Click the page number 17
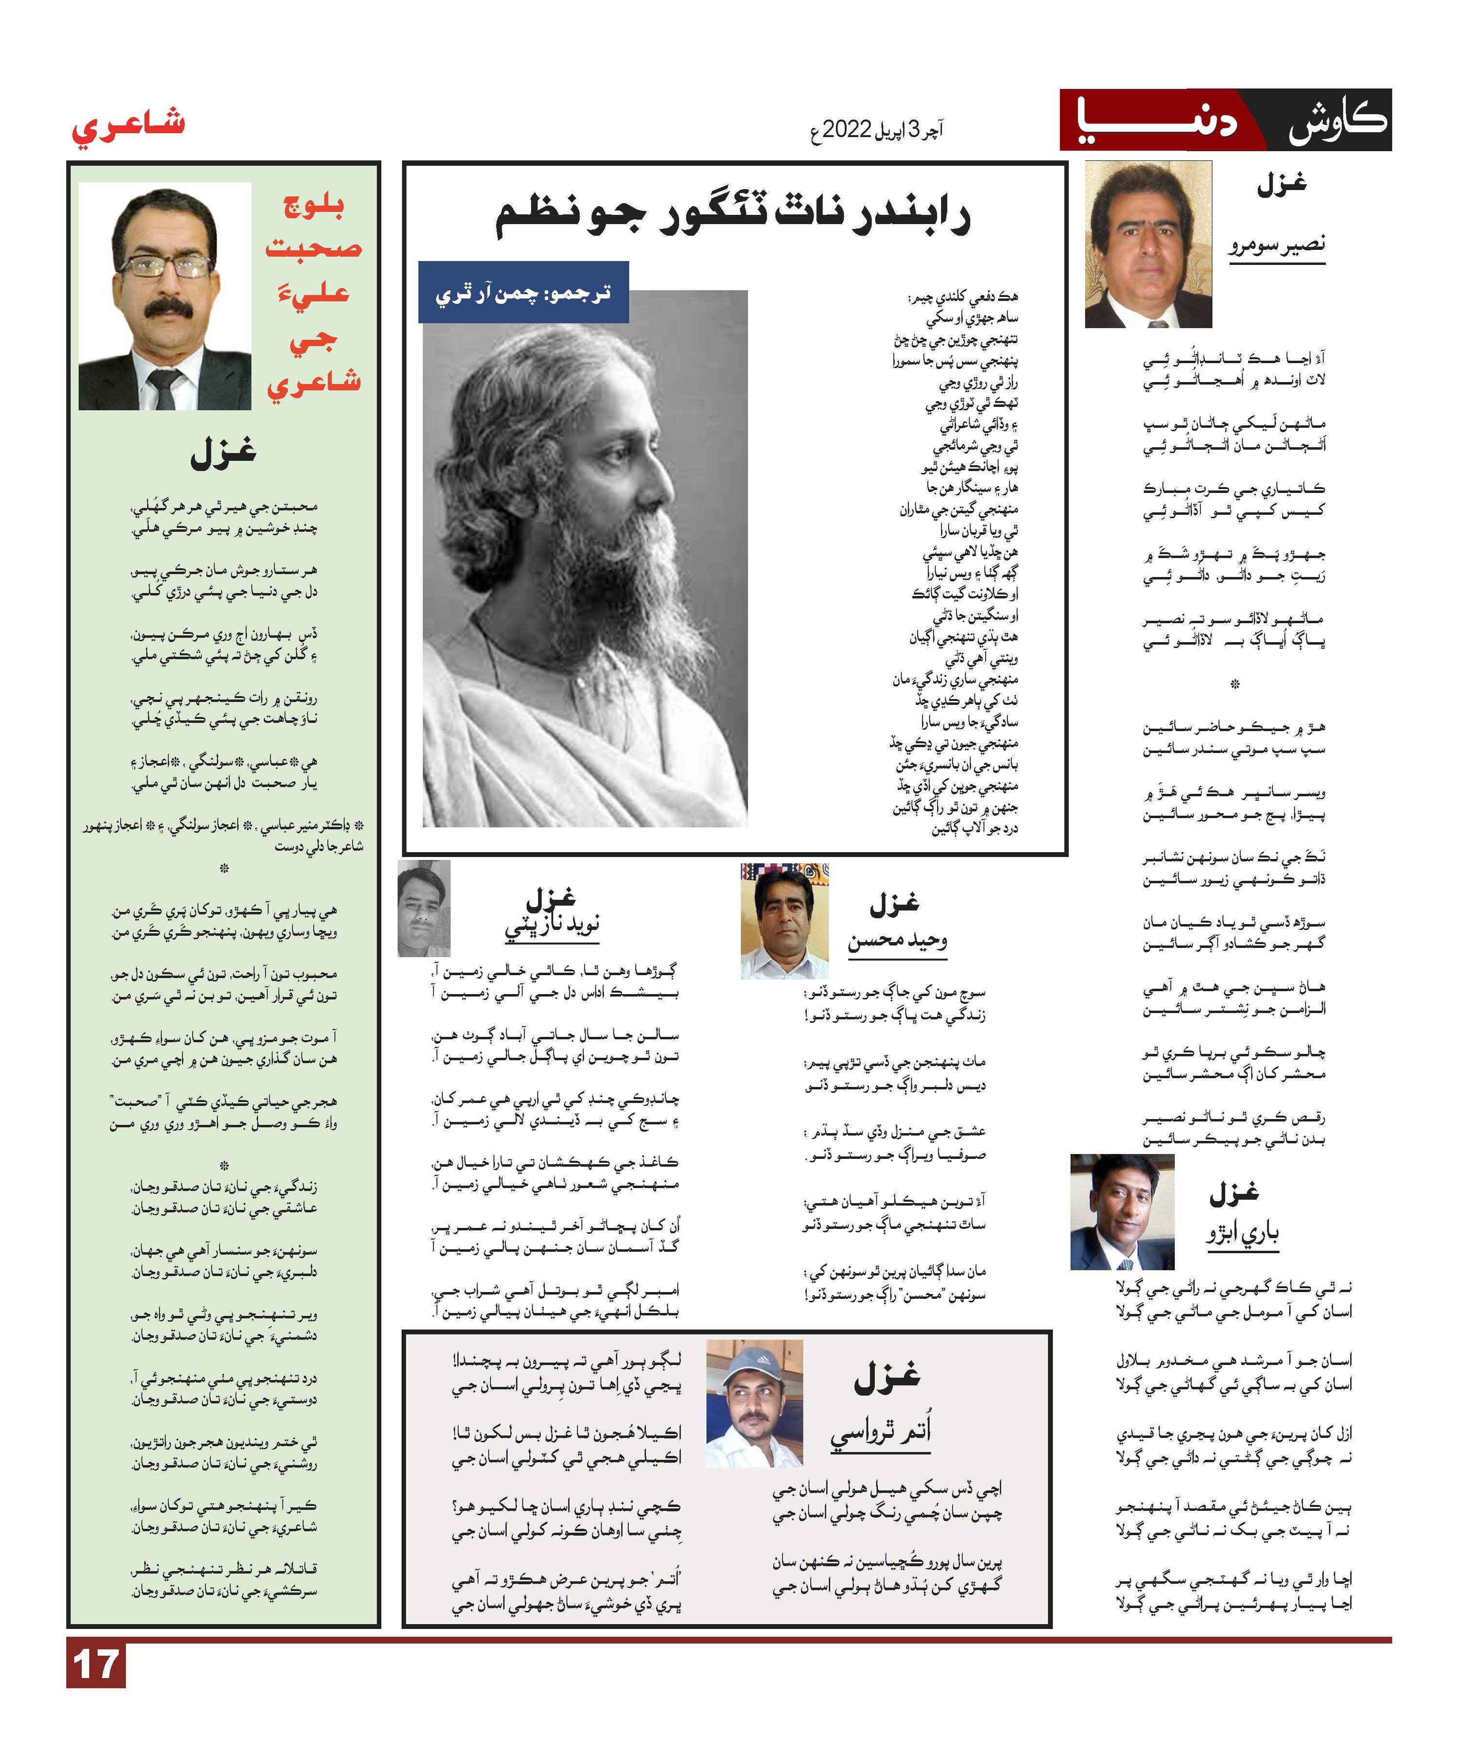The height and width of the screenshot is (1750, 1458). tap(96, 1667)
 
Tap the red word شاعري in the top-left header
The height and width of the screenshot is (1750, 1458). tap(127, 127)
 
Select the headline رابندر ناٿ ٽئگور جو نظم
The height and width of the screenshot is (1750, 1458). tap(733, 215)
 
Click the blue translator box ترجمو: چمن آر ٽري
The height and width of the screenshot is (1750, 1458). tap(523, 293)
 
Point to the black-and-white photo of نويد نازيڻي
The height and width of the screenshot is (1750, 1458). tap(424, 909)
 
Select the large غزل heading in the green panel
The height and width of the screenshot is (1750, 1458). tap(223, 453)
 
